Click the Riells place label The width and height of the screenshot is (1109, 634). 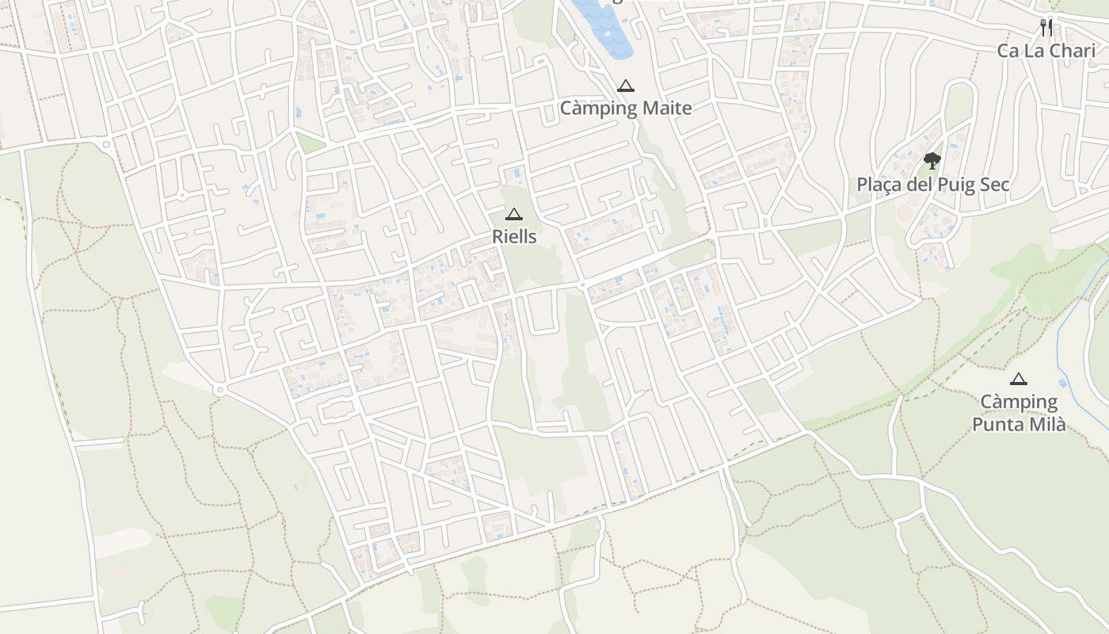tap(514, 236)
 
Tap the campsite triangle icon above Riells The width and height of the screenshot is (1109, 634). tap(514, 214)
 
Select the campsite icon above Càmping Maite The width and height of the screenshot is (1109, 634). tap(626, 86)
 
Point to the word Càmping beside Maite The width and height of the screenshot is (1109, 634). tap(598, 109)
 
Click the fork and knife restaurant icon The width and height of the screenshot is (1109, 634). tap(1046, 28)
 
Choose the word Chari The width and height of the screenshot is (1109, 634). tap(1073, 51)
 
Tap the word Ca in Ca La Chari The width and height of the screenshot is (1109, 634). tap(1008, 51)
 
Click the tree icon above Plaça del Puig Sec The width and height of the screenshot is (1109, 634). tap(932, 161)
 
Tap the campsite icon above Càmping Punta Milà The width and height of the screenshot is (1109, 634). tap(1019, 379)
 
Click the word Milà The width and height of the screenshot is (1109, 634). tap(1045, 425)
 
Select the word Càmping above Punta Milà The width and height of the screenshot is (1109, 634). tap(1019, 403)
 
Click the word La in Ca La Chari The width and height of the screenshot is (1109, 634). tap(1035, 51)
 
